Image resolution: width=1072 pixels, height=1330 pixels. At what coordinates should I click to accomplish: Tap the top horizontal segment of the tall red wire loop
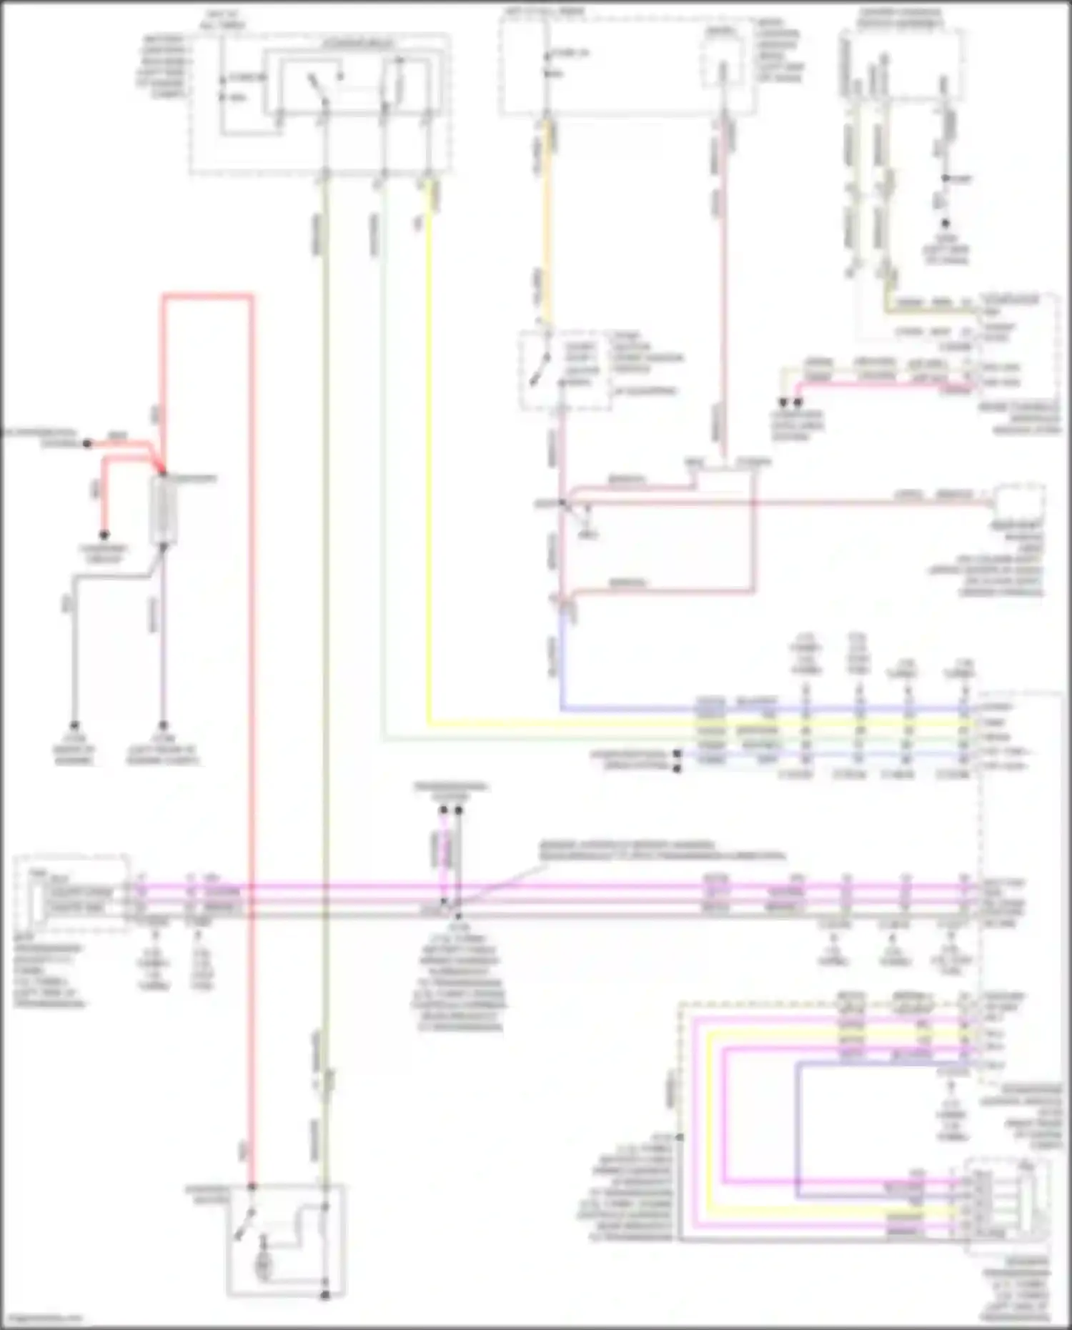pyautogui.click(x=207, y=295)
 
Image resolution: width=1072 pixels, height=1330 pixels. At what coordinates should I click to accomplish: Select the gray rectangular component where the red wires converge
pyautogui.click(x=164, y=510)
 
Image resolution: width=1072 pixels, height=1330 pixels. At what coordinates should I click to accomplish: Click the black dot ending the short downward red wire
pyautogui.click(x=104, y=535)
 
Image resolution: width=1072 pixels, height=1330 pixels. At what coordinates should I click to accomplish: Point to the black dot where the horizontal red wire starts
pyautogui.click(x=87, y=444)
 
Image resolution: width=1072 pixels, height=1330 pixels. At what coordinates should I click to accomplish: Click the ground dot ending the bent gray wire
pyautogui.click(x=74, y=725)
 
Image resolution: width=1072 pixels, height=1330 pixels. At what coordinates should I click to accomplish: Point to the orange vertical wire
pyautogui.click(x=547, y=222)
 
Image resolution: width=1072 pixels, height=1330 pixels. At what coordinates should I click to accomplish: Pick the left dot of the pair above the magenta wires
pyautogui.click(x=443, y=810)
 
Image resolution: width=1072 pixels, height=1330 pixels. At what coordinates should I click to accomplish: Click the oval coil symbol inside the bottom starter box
pyautogui.click(x=263, y=1265)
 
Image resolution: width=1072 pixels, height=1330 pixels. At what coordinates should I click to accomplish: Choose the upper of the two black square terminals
pyautogui.click(x=677, y=753)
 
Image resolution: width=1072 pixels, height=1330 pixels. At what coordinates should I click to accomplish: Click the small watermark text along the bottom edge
pyautogui.click(x=43, y=1318)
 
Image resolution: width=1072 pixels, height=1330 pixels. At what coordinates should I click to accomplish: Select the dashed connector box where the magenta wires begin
pyautogui.click(x=71, y=893)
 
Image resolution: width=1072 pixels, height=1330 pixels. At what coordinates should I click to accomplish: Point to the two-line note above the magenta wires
pyautogui.click(x=661, y=850)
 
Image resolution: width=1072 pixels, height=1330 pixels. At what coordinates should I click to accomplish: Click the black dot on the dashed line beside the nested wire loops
pyautogui.click(x=680, y=1137)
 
